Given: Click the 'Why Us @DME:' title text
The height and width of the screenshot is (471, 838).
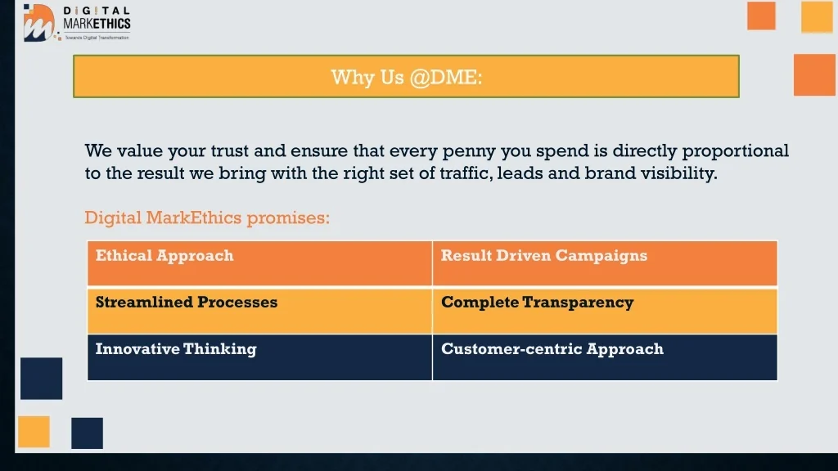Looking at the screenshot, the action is (x=406, y=78).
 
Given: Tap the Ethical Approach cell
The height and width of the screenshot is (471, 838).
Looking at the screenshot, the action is (x=259, y=263).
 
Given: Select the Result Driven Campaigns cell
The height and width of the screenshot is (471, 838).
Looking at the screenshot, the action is (x=605, y=263).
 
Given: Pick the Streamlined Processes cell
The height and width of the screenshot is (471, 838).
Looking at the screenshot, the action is (x=259, y=311).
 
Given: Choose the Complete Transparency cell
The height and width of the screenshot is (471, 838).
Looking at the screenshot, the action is (x=605, y=311).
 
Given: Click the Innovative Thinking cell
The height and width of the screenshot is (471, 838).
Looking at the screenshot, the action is (x=259, y=357).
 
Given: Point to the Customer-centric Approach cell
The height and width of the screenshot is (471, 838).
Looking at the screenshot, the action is (x=605, y=357).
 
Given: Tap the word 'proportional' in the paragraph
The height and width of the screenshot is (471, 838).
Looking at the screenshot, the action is (x=736, y=151).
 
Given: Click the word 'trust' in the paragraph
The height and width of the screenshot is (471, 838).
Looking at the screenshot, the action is (x=230, y=150).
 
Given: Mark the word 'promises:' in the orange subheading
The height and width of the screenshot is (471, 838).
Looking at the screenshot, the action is (x=288, y=218).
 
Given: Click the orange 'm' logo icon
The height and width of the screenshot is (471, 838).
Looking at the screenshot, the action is (x=39, y=22).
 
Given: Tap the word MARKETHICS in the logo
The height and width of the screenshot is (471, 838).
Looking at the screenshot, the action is (x=97, y=24).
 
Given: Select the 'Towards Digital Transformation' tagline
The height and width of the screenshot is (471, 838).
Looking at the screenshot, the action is (x=97, y=38).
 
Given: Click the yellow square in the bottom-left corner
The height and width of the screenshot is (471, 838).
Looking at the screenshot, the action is (x=34, y=432).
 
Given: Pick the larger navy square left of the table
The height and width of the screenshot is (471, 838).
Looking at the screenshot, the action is (x=41, y=379).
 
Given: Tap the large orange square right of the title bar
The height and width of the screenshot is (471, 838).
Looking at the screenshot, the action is (x=814, y=74).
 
